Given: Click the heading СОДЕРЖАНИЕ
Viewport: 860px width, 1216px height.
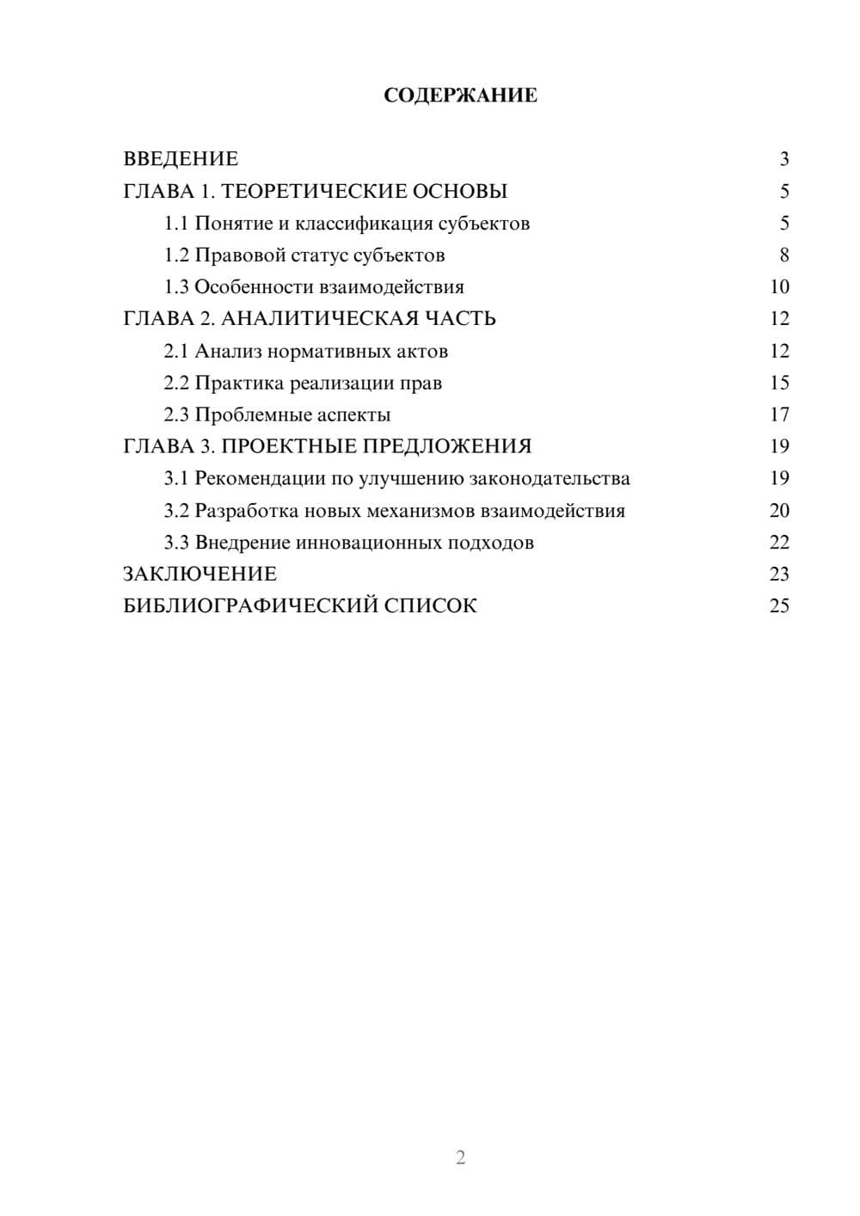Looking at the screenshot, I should coord(460,95).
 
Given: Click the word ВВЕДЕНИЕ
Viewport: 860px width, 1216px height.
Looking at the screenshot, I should coord(181,159).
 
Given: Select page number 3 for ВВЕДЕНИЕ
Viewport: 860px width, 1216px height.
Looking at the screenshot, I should coord(783,159).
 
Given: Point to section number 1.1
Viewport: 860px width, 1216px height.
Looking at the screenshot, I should coord(176,224).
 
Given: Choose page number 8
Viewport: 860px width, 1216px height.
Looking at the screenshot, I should coord(783,255).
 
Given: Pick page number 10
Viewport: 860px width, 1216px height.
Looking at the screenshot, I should coord(779,287).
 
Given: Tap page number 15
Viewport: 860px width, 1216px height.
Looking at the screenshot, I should coord(779,383).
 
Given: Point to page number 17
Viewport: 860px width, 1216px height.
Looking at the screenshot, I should coord(779,415).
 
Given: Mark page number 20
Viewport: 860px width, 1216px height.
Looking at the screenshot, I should coord(779,511).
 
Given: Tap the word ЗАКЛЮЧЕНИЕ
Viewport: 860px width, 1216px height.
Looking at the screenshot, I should coord(200,574).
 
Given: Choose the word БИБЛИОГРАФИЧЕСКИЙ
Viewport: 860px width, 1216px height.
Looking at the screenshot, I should coord(251,605).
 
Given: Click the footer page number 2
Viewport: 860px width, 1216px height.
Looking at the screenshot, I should coord(460,1158).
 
